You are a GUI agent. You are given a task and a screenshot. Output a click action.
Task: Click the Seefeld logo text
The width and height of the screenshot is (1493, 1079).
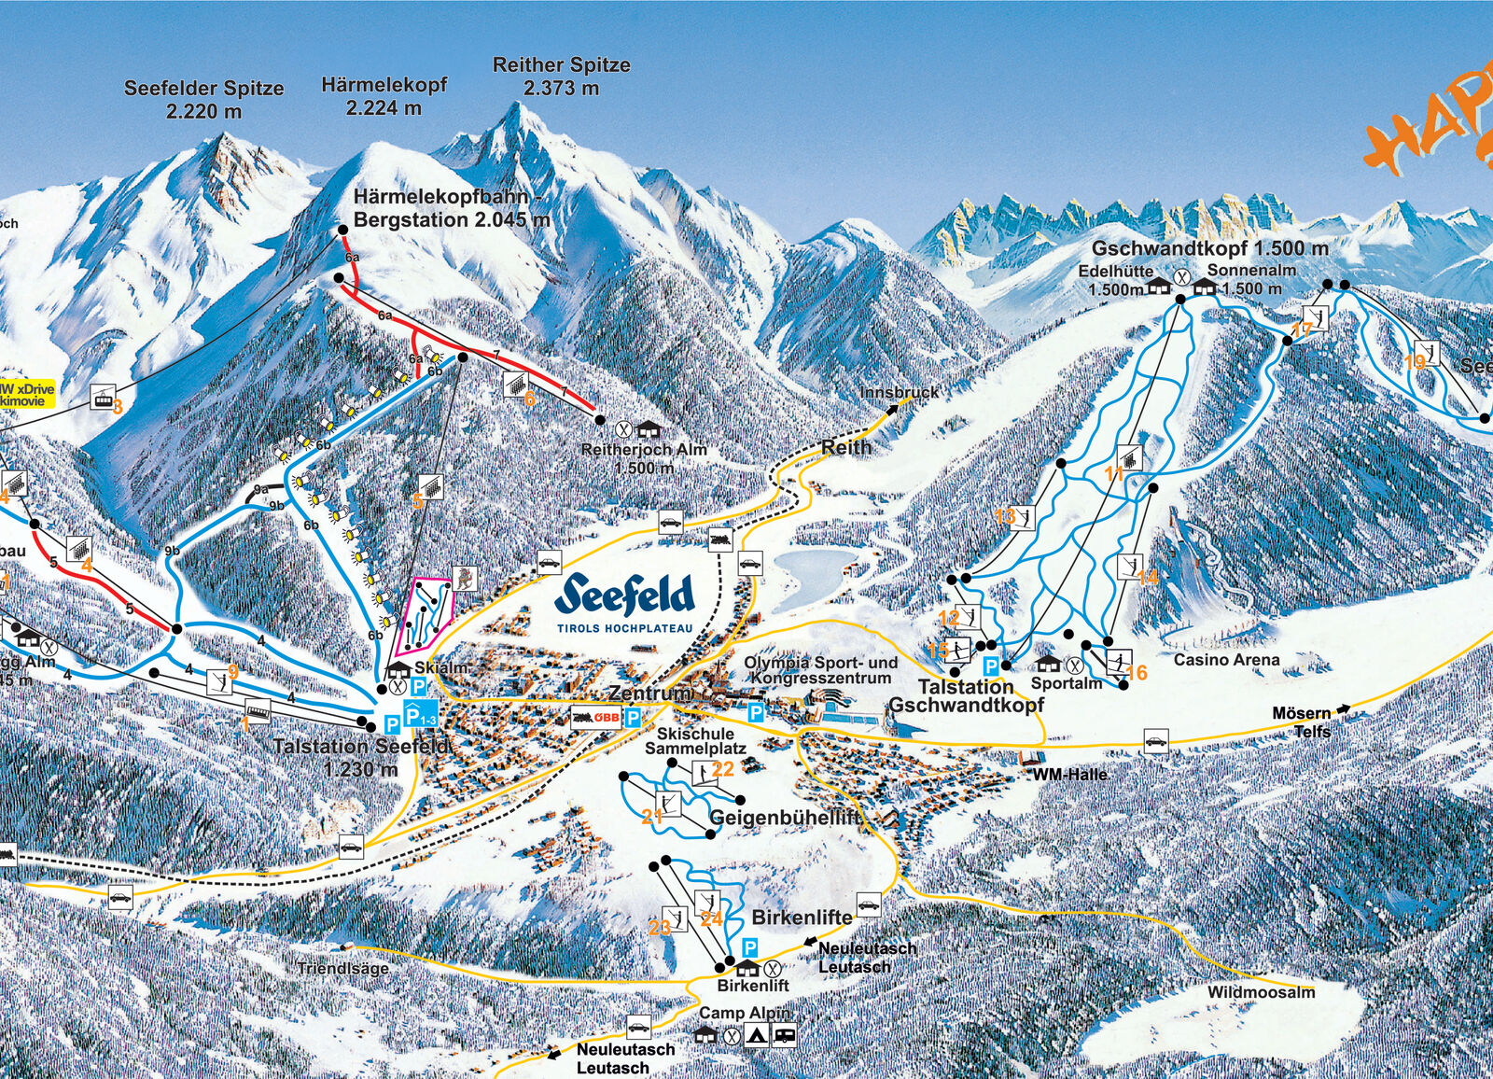click(x=625, y=596)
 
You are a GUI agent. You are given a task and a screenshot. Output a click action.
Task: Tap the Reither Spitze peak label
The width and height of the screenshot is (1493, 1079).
click(x=561, y=77)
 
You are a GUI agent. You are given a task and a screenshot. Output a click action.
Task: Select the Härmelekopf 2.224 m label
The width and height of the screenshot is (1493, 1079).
click(x=384, y=96)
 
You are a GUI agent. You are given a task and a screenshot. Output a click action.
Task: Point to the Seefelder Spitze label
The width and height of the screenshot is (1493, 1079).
click(x=203, y=99)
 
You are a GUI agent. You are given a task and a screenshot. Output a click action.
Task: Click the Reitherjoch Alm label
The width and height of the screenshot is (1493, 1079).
click(x=644, y=457)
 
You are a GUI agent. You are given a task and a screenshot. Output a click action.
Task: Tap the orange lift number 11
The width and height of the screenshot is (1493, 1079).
click(x=1113, y=474)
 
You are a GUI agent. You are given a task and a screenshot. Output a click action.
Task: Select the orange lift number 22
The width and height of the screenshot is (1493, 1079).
click(x=722, y=769)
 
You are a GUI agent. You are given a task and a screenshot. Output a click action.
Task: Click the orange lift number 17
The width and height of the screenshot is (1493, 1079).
click(x=1302, y=329)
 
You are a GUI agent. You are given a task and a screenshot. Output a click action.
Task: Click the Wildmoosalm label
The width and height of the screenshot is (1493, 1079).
click(x=1261, y=992)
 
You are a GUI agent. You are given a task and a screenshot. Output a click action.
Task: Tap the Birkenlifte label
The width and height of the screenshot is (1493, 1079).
click(x=802, y=918)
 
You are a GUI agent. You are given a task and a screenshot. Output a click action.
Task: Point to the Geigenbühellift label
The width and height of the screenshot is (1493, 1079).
click(x=785, y=818)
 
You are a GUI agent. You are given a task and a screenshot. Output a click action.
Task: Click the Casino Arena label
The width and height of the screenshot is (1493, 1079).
click(x=1226, y=660)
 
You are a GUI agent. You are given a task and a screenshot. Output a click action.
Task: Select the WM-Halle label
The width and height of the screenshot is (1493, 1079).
click(x=1069, y=775)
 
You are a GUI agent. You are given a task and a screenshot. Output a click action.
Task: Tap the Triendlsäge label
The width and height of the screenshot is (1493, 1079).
click(x=342, y=968)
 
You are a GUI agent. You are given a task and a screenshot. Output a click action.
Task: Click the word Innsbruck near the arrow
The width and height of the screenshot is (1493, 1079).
click(x=900, y=392)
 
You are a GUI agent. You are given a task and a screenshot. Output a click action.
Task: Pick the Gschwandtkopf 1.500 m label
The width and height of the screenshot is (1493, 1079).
click(x=1209, y=249)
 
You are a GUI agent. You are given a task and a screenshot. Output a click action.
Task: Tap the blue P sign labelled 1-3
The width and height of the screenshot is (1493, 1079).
click(x=421, y=717)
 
